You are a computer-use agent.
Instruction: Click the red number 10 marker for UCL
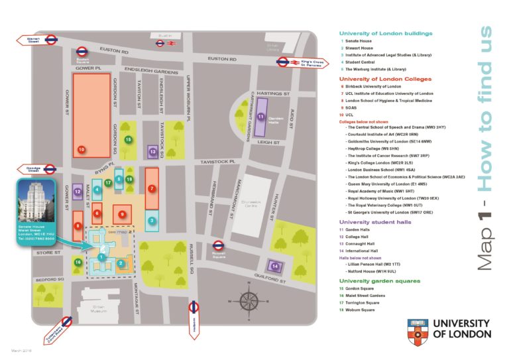click(x=81, y=150)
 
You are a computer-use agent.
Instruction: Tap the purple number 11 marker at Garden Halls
click(x=261, y=117)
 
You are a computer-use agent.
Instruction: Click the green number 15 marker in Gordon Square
click(x=129, y=139)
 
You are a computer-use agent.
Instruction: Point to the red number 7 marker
click(x=152, y=188)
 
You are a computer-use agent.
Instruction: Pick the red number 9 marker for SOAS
click(x=121, y=214)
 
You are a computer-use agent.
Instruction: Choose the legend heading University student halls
click(x=375, y=222)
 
